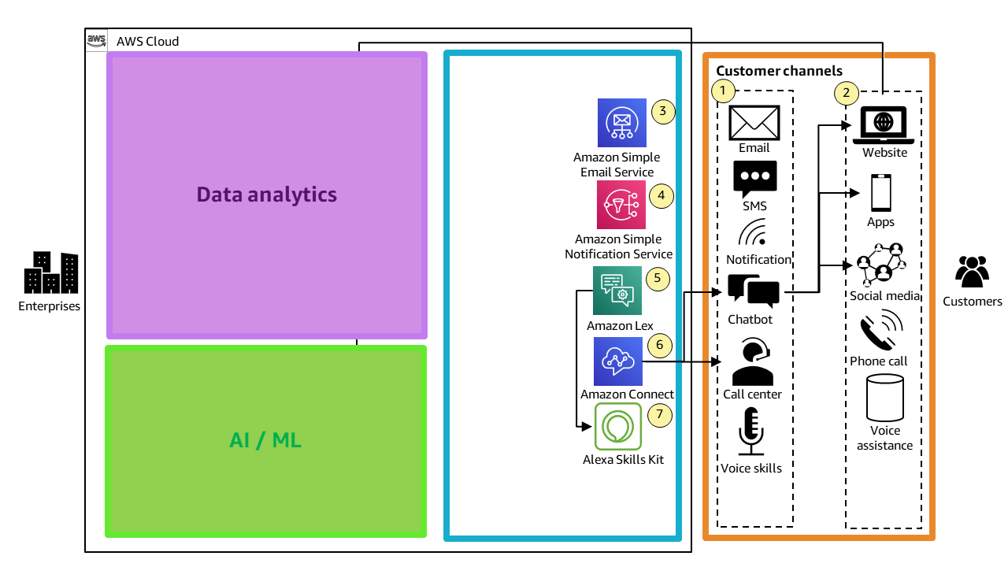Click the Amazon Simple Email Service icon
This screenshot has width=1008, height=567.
click(x=621, y=123)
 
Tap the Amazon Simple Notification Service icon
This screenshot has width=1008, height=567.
click(x=621, y=205)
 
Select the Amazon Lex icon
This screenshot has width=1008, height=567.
click(x=617, y=291)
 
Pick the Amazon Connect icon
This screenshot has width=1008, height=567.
click(x=618, y=361)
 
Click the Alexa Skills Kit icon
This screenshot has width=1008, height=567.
click(x=618, y=426)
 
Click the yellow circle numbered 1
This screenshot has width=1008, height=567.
click(x=723, y=91)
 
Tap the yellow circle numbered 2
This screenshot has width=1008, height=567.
click(x=846, y=93)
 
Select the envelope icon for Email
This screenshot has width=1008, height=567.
click(x=754, y=123)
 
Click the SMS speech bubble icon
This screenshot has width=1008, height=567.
click(x=754, y=180)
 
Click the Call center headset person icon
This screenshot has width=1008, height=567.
click(x=752, y=362)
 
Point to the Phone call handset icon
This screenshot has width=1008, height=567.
click(x=879, y=331)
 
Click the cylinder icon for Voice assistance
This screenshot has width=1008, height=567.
click(x=884, y=398)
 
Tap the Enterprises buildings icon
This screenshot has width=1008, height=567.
click(x=50, y=272)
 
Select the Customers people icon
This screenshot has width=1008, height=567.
click(x=972, y=272)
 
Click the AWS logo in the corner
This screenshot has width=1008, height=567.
click(x=97, y=40)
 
